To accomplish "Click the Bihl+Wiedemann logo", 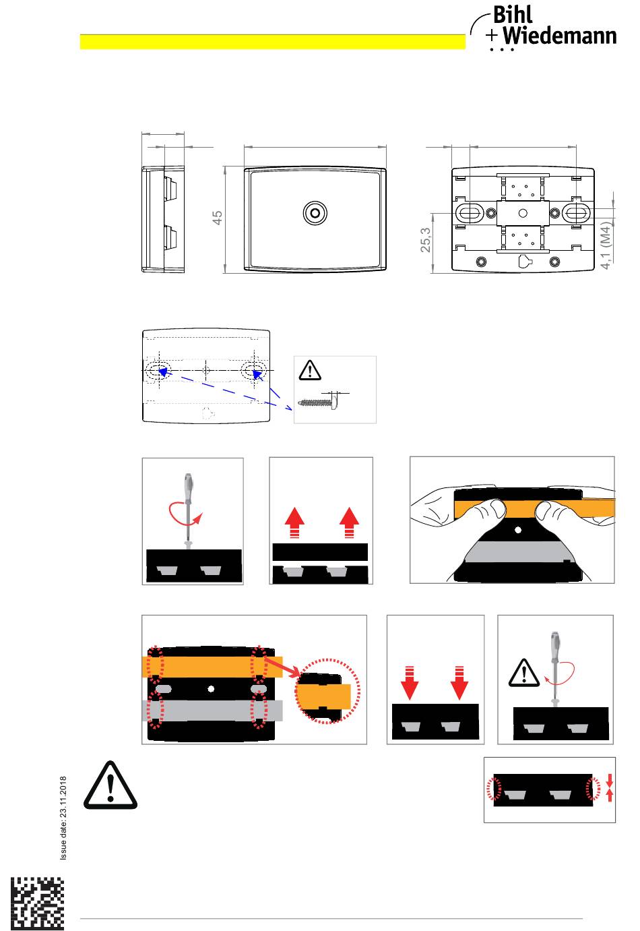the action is [x=543, y=28].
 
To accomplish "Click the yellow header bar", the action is [x=272, y=42].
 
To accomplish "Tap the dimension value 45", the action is [x=217, y=217].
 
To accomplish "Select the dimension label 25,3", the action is [x=426, y=240].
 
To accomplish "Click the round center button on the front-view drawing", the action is [x=315, y=213].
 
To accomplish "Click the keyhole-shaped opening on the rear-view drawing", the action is [x=525, y=261].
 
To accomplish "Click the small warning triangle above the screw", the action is [x=310, y=370].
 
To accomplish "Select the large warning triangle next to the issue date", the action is [x=110, y=785].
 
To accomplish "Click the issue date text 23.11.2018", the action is [x=63, y=818].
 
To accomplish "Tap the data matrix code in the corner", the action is [x=37, y=903].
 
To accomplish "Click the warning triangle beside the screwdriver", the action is [x=524, y=673].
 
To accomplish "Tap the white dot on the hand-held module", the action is [x=518, y=530].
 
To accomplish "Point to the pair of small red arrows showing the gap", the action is [x=609, y=787].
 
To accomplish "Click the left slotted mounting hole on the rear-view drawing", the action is [x=469, y=213].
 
